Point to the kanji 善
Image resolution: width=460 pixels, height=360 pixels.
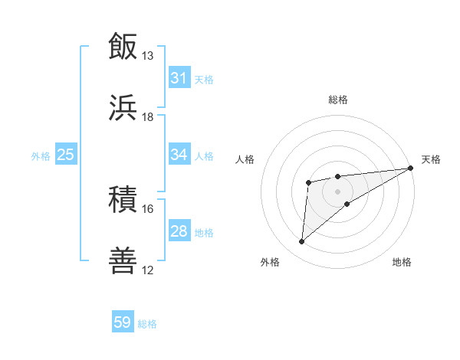[123, 261]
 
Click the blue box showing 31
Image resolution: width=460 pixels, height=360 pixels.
[179, 77]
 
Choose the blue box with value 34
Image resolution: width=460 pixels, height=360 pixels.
[179, 155]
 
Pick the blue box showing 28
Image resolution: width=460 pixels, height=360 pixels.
[179, 231]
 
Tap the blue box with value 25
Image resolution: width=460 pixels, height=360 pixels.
[65, 155]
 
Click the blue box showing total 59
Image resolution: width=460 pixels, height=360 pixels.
[123, 322]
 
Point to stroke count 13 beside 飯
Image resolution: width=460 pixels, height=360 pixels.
[148, 56]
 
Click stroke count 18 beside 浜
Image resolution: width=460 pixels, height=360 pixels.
[148, 117]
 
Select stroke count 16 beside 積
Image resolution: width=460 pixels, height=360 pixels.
[148, 209]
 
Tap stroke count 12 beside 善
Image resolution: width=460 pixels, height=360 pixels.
[148, 270]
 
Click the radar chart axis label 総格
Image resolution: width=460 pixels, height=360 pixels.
[338, 100]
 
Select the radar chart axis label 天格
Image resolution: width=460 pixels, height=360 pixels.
[431, 159]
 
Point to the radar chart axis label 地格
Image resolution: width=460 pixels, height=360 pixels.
[402, 262]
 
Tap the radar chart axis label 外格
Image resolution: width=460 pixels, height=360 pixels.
[270, 262]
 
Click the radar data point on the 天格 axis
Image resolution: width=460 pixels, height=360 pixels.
[412, 169]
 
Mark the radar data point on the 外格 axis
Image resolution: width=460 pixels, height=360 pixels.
[302, 242]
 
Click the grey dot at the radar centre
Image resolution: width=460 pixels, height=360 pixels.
[338, 190]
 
